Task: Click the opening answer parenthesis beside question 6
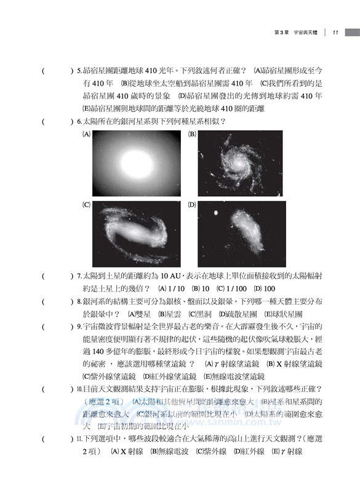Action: click(x=44, y=121)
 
